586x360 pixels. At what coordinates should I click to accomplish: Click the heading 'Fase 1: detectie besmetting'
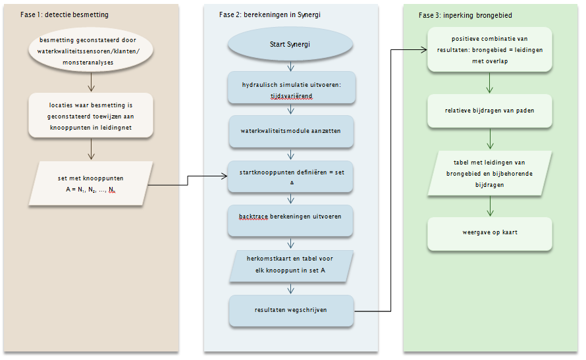pos(65,15)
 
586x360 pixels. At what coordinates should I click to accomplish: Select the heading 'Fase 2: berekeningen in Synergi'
pos(269,15)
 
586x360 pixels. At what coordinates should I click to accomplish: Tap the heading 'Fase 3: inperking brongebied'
pos(466,15)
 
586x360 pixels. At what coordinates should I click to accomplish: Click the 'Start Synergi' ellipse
pos(290,44)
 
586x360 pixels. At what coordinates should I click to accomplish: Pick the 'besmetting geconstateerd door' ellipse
pos(90,51)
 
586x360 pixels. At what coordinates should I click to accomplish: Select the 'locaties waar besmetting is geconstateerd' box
pos(91,116)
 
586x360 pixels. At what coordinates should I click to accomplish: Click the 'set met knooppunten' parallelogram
pos(91,184)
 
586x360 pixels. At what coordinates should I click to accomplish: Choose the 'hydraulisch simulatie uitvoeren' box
pos(292,88)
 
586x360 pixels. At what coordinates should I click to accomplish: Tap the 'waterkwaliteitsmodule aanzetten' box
pos(291,131)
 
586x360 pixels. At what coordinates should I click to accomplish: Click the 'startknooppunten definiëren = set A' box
pos(290,176)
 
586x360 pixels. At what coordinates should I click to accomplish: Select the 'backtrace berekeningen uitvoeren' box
pos(290,220)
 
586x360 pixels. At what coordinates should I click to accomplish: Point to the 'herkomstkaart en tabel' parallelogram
pos(291,265)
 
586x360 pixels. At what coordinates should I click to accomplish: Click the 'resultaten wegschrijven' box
pos(291,311)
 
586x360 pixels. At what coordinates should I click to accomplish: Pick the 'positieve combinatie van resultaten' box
pos(490,49)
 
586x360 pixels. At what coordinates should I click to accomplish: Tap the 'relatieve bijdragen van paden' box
pos(490,111)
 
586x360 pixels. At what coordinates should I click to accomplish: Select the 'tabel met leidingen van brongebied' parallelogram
pos(490,173)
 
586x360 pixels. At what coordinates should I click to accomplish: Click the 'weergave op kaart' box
pos(490,234)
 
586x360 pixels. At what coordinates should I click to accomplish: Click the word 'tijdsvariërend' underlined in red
pos(292,96)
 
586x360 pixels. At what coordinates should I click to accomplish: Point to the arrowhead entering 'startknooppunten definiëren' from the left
pos(225,176)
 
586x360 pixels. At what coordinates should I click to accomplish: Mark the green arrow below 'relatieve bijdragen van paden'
pos(490,139)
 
